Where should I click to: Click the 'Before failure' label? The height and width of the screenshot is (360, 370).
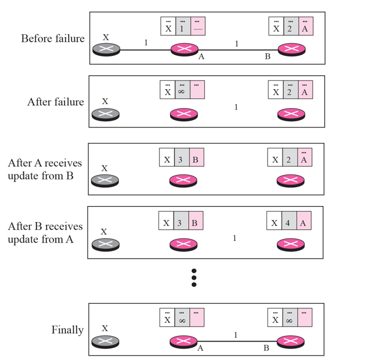[x=53, y=39]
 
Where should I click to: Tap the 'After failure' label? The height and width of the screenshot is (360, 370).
[x=56, y=102]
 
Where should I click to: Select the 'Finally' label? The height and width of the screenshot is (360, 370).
[x=68, y=330]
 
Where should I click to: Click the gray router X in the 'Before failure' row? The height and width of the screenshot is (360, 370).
[x=106, y=49]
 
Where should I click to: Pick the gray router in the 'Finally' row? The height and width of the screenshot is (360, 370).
[x=105, y=342]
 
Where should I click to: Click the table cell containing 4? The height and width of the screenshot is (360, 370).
[x=289, y=223]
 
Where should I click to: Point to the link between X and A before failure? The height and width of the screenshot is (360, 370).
[x=146, y=50]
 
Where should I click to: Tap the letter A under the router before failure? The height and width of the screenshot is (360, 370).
[x=201, y=56]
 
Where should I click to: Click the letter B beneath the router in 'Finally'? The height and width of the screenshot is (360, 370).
[x=266, y=348]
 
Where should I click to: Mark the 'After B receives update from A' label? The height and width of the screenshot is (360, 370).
[x=45, y=233]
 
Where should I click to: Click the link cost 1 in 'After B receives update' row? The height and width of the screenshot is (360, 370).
[x=234, y=238]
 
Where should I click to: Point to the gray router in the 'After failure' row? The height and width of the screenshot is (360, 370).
[x=106, y=114]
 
